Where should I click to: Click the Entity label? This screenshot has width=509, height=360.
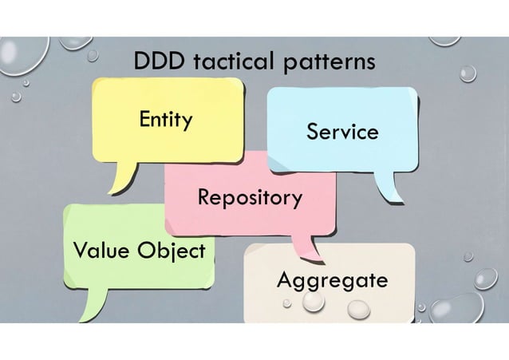pyautogui.click(x=165, y=121)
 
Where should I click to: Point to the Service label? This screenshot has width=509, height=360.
pyautogui.click(x=342, y=132)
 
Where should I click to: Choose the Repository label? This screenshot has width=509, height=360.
pyautogui.click(x=250, y=197)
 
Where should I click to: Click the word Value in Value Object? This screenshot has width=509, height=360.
pyautogui.click(x=101, y=251)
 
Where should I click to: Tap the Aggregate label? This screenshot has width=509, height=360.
pyautogui.click(x=332, y=281)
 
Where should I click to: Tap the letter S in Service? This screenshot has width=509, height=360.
pyautogui.click(x=313, y=132)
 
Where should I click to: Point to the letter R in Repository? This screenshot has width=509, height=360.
pyautogui.click(x=204, y=196)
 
